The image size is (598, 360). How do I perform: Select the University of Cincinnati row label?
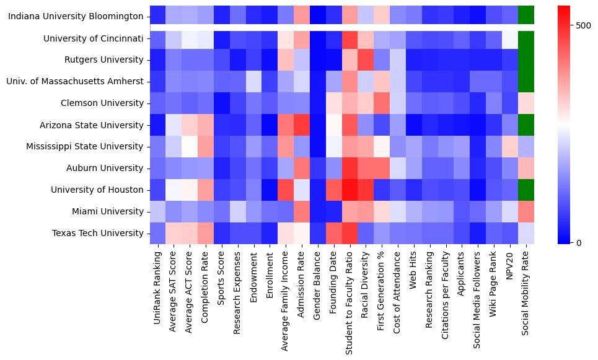point(94,38)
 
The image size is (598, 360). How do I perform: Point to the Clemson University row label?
point(102,103)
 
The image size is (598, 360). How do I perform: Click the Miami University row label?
point(110,211)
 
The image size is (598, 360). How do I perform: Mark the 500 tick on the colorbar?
point(584,25)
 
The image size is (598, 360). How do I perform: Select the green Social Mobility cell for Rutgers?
point(526,60)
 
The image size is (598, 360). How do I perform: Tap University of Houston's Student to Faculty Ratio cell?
point(350,190)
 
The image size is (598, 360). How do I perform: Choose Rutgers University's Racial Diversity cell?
point(366,60)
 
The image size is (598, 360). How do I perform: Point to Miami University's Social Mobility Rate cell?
point(526,211)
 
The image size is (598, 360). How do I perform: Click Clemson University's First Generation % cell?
point(382,103)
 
